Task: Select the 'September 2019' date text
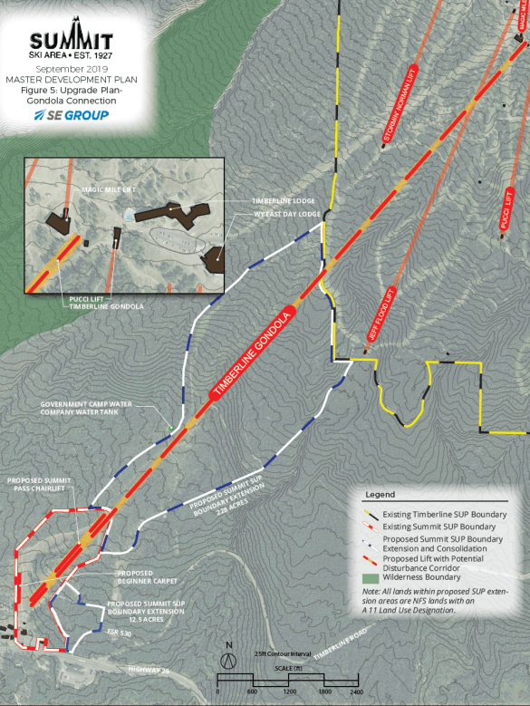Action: pyautogui.click(x=71, y=69)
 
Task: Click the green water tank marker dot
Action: pyautogui.click(x=169, y=427)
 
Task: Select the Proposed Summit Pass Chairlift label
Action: pyautogui.click(x=44, y=485)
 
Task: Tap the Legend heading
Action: pyautogui.click(x=380, y=495)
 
